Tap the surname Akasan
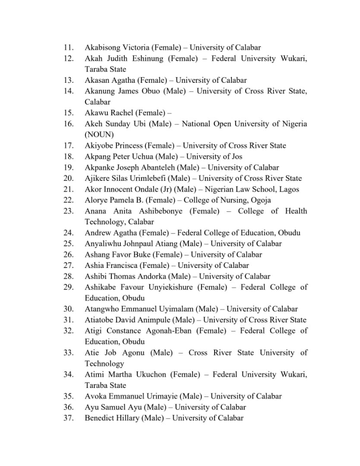(x=98, y=80)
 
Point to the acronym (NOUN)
(x=99, y=135)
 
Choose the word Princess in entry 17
(x=127, y=145)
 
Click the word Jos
(x=237, y=157)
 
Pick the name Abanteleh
(x=148, y=167)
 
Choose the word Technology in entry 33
(x=104, y=364)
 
